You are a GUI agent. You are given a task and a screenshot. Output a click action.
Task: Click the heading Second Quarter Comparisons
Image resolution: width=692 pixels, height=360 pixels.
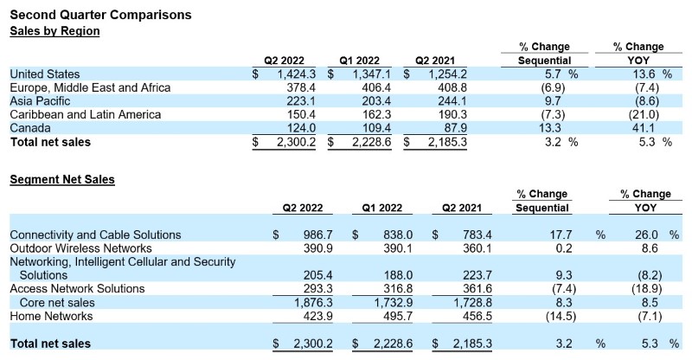pyautogui.click(x=100, y=15)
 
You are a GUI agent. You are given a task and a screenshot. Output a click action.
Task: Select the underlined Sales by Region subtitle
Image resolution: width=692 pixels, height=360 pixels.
pyautogui.click(x=54, y=31)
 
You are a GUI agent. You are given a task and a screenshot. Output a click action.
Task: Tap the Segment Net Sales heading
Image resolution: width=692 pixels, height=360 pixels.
pyautogui.click(x=62, y=179)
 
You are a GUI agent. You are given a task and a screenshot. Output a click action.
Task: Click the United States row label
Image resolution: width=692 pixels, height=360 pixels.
pyautogui.click(x=45, y=74)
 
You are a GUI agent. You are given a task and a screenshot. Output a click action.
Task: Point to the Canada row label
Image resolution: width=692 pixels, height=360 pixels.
pyautogui.click(x=30, y=128)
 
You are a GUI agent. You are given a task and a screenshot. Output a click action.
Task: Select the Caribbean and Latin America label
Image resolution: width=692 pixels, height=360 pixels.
pyautogui.click(x=85, y=115)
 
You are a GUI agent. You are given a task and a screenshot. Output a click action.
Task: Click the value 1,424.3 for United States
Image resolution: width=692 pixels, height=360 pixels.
pyautogui.click(x=296, y=74)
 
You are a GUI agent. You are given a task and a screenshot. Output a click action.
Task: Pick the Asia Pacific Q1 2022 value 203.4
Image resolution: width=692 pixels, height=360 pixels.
pyautogui.click(x=376, y=101)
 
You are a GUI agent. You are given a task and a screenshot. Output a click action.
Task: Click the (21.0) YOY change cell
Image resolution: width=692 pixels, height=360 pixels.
pyautogui.click(x=644, y=115)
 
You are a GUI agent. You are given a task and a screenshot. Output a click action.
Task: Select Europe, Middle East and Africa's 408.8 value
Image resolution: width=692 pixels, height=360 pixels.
pyautogui.click(x=452, y=87)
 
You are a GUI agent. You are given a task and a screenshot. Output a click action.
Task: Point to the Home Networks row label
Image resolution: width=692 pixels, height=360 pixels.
pyautogui.click(x=51, y=316)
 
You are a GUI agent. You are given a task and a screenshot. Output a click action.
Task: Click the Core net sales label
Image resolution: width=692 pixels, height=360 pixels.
pyautogui.click(x=57, y=303)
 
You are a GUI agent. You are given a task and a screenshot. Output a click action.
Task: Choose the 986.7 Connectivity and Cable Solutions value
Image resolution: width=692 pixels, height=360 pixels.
pyautogui.click(x=318, y=235)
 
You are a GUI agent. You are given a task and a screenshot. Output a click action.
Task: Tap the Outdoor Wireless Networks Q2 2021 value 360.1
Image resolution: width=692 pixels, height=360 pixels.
pyautogui.click(x=477, y=248)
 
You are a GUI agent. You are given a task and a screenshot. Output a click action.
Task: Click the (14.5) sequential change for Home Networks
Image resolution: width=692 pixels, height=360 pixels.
pyautogui.click(x=561, y=316)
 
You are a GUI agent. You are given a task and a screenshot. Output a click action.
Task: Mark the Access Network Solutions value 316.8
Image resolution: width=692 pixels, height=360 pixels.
pyautogui.click(x=398, y=289)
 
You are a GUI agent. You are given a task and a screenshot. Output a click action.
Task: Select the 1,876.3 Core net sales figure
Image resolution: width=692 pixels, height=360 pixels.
pyautogui.click(x=313, y=303)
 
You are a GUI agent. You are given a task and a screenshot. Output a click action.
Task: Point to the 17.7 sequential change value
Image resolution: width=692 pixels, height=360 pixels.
pyautogui.click(x=561, y=235)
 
